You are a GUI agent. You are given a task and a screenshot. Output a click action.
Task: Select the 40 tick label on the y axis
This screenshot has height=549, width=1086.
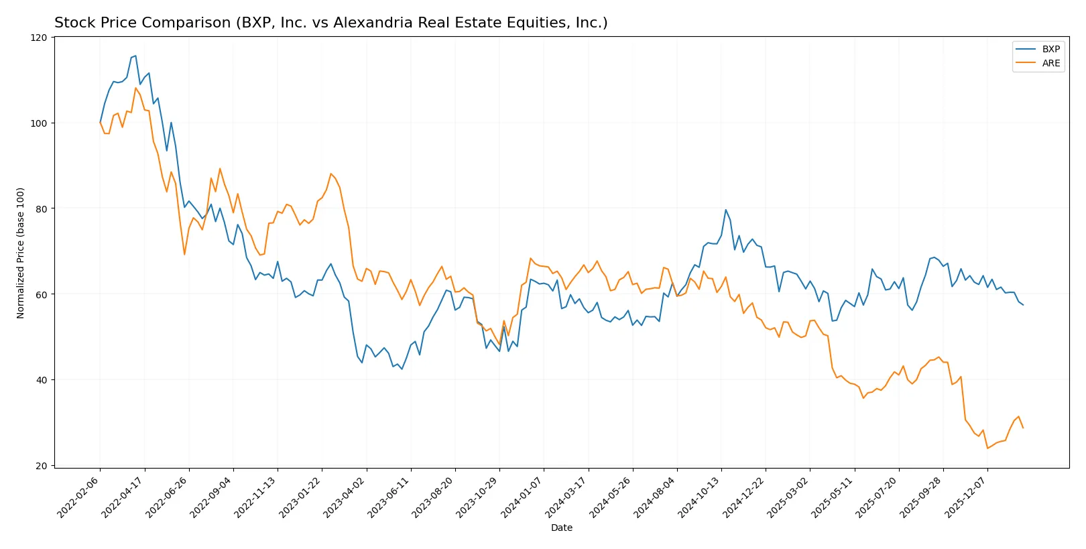point(42,380)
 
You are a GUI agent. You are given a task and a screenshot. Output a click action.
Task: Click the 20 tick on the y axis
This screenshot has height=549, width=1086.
point(42,466)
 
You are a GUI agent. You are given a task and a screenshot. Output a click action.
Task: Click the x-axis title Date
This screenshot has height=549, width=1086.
point(561,528)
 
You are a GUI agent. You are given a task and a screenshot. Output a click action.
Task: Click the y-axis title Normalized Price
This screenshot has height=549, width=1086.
point(21,253)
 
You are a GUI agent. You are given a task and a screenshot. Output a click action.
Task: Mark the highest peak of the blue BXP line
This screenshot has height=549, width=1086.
point(135,56)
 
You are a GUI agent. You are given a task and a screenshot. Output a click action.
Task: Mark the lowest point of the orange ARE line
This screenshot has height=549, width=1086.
point(987,448)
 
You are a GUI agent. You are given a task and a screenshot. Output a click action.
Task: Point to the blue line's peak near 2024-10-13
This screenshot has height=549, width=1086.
point(725,210)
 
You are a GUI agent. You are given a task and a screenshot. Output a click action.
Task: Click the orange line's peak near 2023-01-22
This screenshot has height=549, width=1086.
point(330,174)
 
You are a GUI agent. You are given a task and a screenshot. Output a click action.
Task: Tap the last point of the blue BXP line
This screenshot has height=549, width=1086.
point(1023,305)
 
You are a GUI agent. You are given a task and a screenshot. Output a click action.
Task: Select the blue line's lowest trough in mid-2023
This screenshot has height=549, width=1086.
point(402,369)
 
